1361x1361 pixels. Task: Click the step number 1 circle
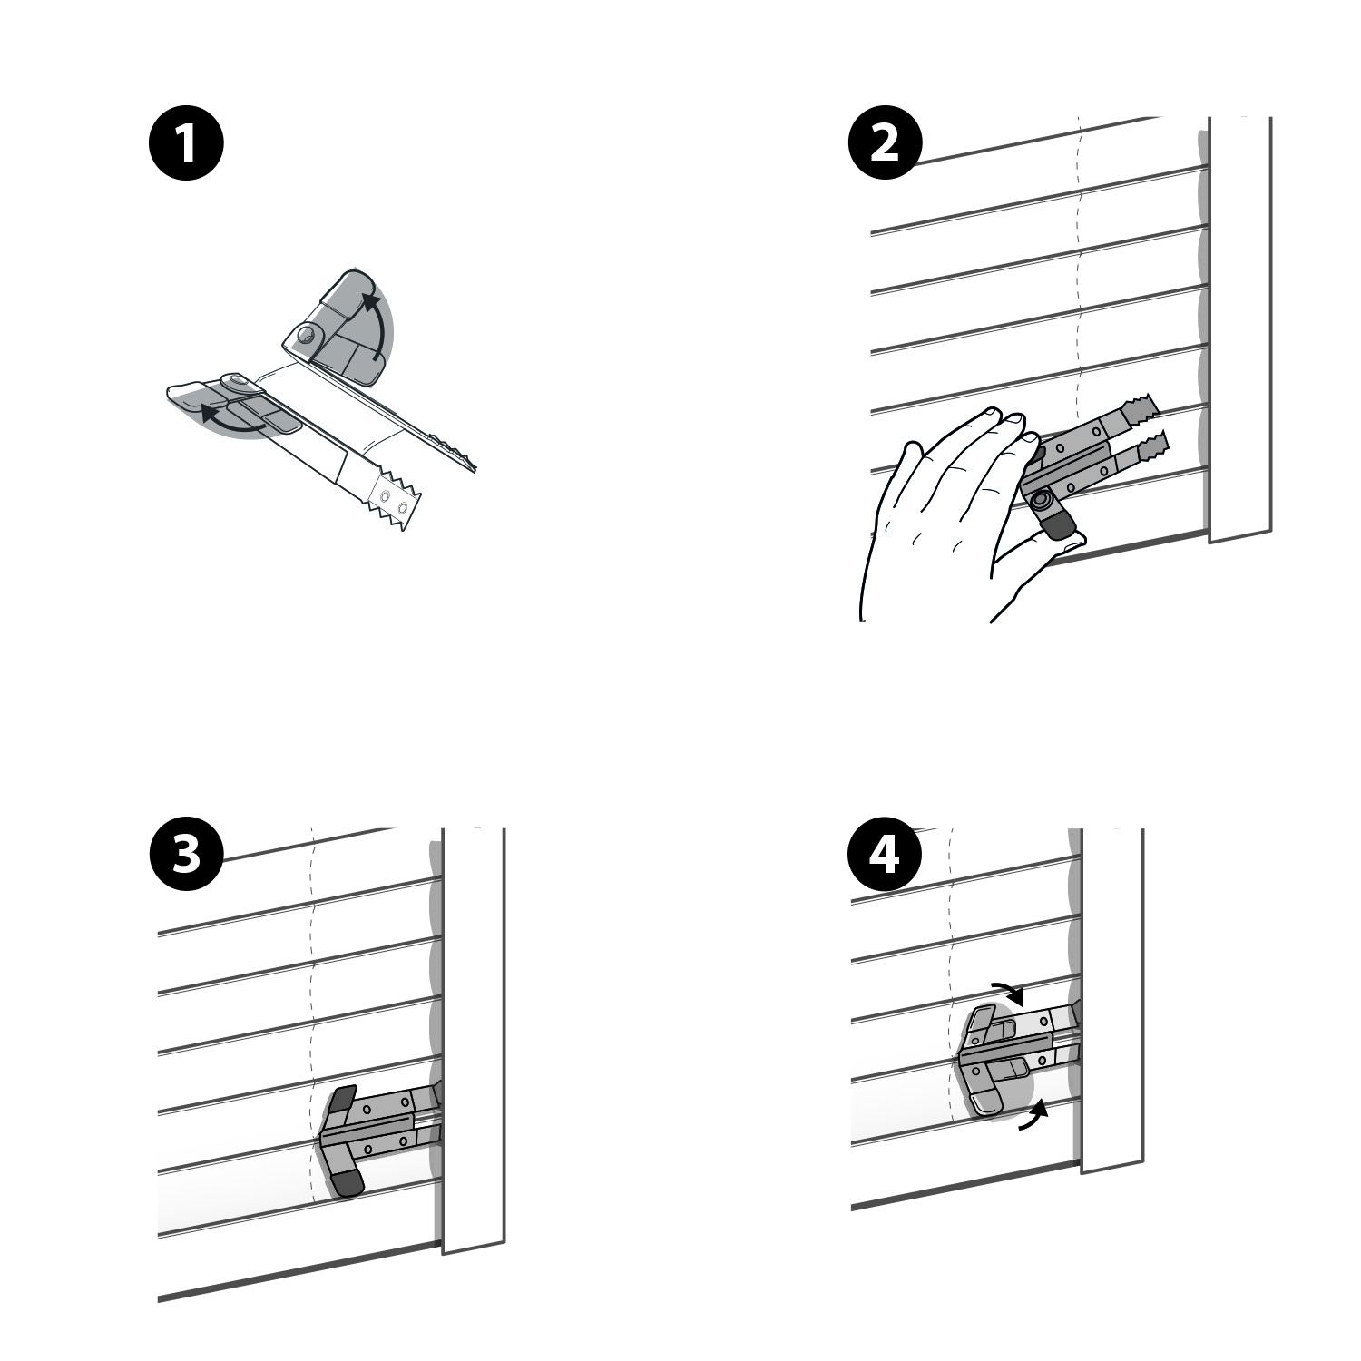(x=185, y=144)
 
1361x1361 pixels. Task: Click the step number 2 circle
(x=885, y=144)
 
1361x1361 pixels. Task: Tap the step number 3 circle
(x=185, y=856)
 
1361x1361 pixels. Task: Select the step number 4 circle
(x=885, y=856)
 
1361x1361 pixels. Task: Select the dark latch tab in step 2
(x=1057, y=524)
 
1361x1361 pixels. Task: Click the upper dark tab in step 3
(x=342, y=1103)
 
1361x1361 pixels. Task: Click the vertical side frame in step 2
(x=1240, y=328)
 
